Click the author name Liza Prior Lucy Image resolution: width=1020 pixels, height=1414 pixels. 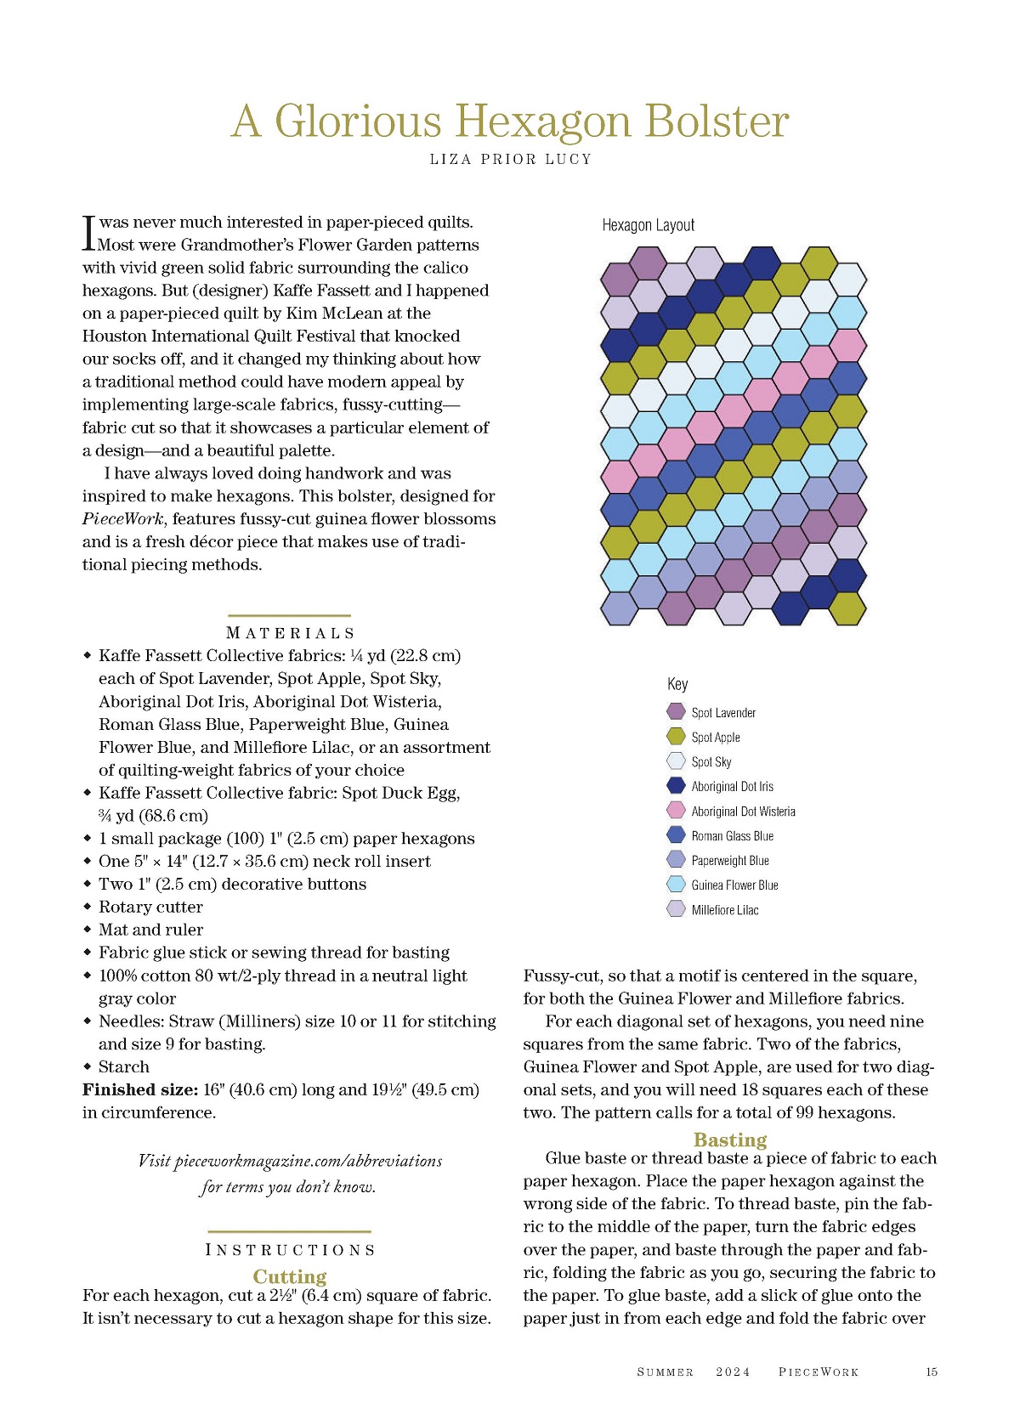pyautogui.click(x=510, y=159)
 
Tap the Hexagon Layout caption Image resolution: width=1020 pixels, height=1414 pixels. pyautogui.click(x=648, y=225)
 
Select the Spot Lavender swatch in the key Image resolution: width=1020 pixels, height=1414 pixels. pyautogui.click(x=677, y=712)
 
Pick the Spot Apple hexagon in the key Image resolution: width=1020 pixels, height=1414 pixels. pyautogui.click(x=677, y=737)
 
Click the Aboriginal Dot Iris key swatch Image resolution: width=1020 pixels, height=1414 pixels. pyautogui.click(x=677, y=786)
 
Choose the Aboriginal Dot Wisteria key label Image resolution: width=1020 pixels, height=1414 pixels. pyautogui.click(x=743, y=812)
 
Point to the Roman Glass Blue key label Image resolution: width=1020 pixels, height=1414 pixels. pyautogui.click(x=732, y=836)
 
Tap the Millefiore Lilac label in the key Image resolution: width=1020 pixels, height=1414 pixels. pyautogui.click(x=724, y=910)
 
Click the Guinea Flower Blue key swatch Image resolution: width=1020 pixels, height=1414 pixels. pyautogui.click(x=677, y=885)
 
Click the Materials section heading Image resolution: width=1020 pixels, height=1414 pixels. pyautogui.click(x=290, y=633)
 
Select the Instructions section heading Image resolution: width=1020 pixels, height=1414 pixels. pyautogui.click(x=290, y=1250)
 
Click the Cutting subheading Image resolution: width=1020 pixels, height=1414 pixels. pyautogui.click(x=290, y=1276)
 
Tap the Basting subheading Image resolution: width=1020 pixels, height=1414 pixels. pyautogui.click(x=730, y=1140)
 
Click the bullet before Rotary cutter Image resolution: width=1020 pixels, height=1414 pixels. pyautogui.click(x=87, y=907)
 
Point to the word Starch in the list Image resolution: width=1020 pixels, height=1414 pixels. pyautogui.click(x=124, y=1067)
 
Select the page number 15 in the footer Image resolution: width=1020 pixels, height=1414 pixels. pyautogui.click(x=932, y=1372)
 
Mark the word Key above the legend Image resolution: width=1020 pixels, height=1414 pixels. pyautogui.click(x=677, y=684)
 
